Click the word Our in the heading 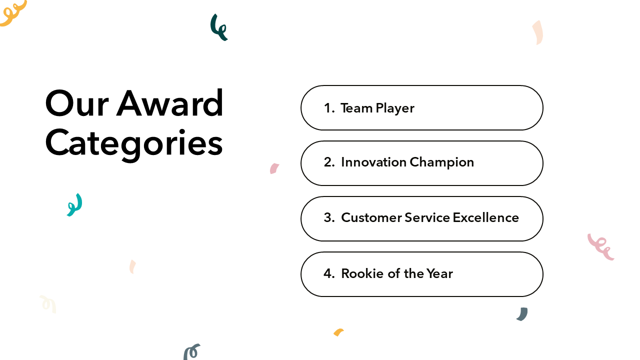click(x=77, y=103)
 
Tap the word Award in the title click(x=169, y=102)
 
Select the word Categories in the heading click(x=133, y=144)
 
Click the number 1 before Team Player click(x=327, y=108)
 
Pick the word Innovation click(x=373, y=162)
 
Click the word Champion click(x=441, y=163)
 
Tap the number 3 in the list click(x=327, y=217)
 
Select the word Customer click(x=371, y=217)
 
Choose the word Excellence click(x=485, y=217)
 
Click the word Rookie click(x=362, y=273)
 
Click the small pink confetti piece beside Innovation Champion click(x=274, y=168)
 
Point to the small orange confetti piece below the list click(x=338, y=332)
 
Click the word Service click(x=427, y=217)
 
